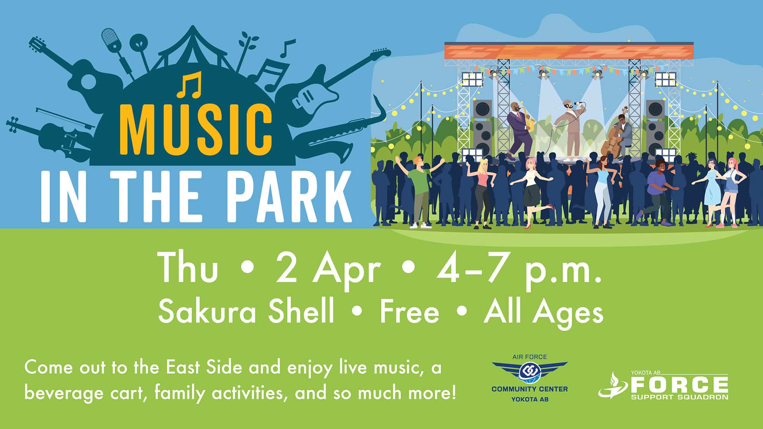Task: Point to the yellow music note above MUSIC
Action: [x=190, y=84]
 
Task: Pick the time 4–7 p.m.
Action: [x=519, y=270]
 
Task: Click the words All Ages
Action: [x=544, y=312]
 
